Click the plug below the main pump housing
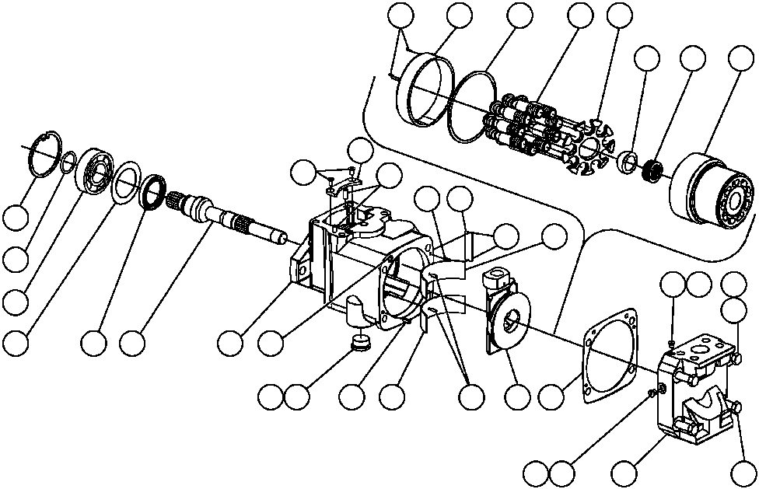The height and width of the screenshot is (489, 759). point(360,342)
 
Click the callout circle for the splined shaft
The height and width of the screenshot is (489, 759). point(133,341)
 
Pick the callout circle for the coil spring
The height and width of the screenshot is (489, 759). point(691,59)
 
